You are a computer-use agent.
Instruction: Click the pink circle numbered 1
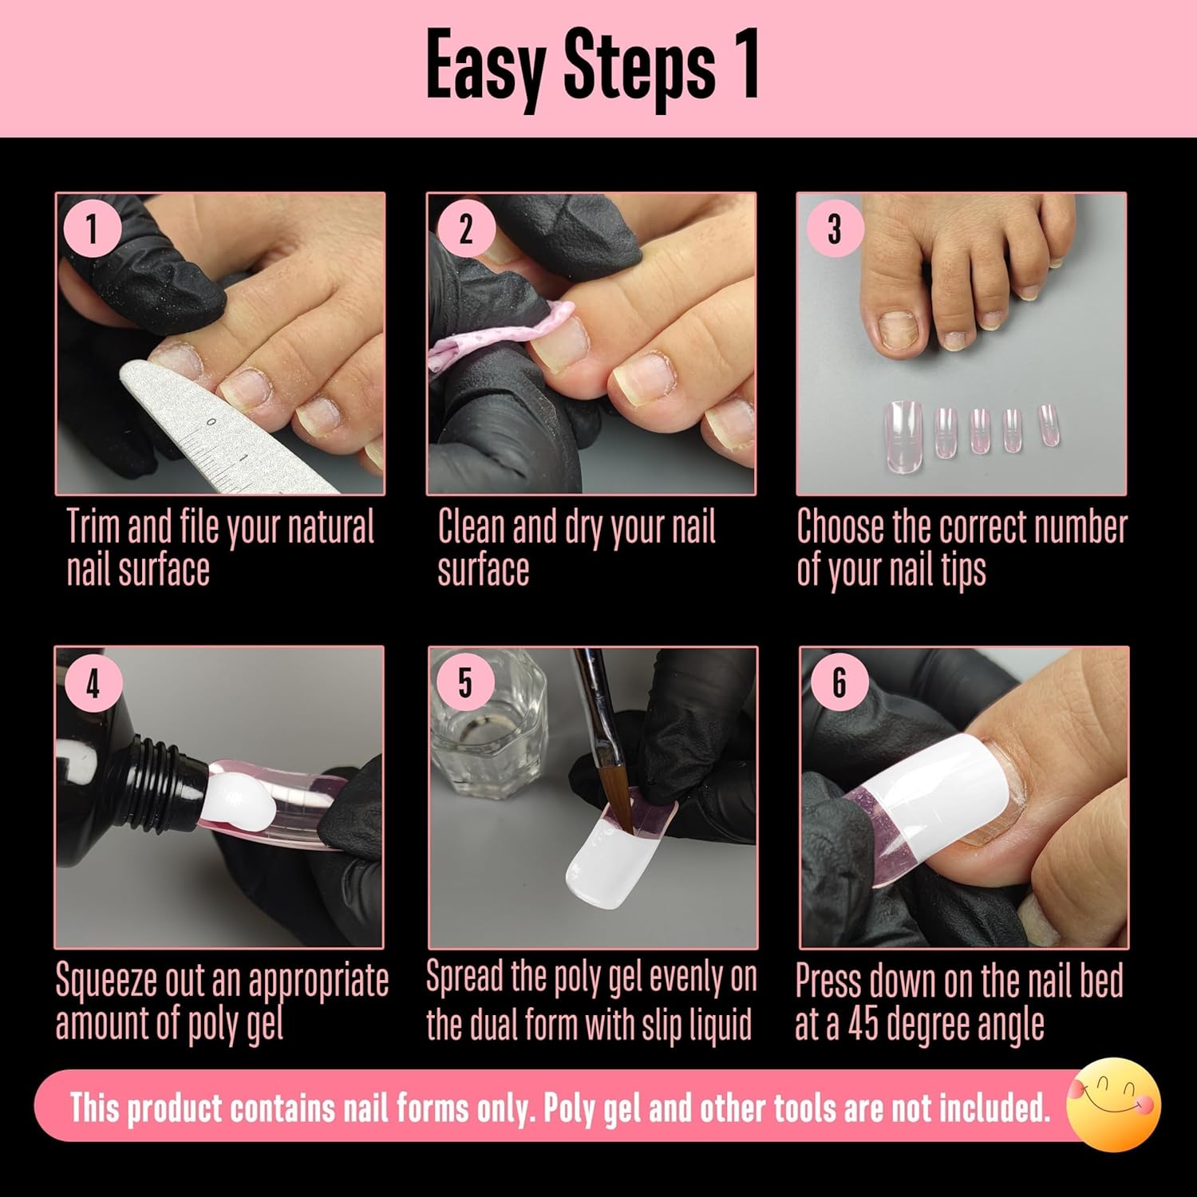pos(93,229)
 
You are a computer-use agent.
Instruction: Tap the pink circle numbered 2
pos(465,229)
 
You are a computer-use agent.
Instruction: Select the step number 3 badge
pos(834,229)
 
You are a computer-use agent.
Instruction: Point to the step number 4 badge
pos(93,683)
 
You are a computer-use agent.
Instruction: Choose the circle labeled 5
pos(465,683)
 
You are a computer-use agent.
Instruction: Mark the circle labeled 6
pos(839,683)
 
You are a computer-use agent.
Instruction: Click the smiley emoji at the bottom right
pos(1115,1104)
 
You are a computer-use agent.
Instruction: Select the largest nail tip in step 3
pos(903,431)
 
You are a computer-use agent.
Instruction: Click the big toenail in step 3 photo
pos(899,329)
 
